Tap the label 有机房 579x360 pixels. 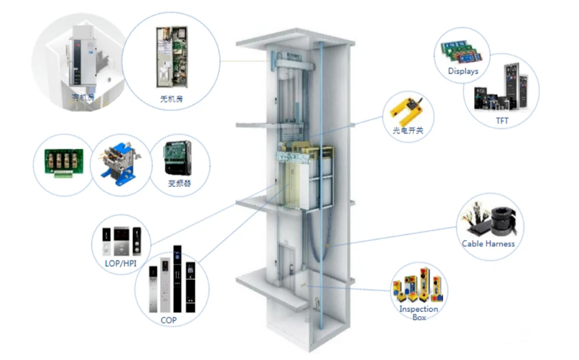81,97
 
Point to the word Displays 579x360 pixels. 463,72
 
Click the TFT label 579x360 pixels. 502,121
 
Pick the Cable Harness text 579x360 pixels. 488,244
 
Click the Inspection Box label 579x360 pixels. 418,313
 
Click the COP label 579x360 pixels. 169,320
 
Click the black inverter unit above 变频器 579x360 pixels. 177,158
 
